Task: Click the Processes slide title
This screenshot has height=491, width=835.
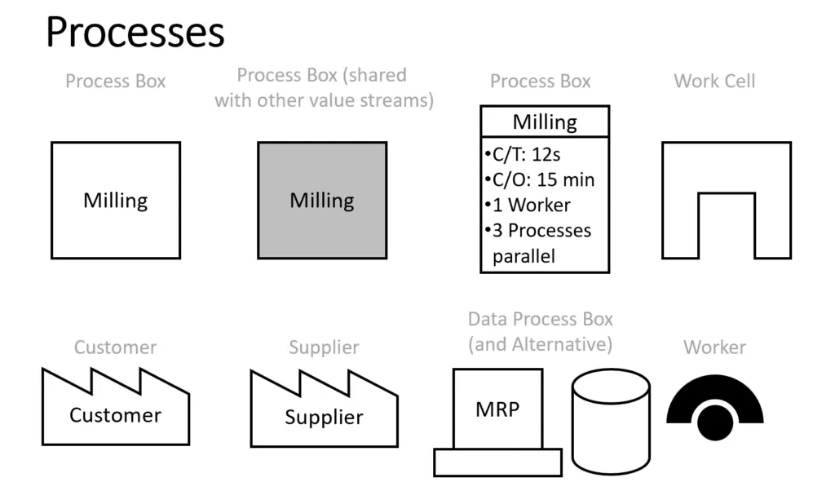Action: pos(135,33)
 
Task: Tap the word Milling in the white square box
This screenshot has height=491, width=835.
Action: pos(116,201)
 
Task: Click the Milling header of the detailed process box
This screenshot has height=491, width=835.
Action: pos(545,122)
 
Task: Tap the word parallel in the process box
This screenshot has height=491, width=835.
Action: pos(524,256)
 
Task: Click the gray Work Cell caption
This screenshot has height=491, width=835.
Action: pos(714,82)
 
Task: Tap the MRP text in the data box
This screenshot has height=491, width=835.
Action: pos(497,409)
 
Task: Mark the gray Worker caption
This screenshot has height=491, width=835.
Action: pos(714,347)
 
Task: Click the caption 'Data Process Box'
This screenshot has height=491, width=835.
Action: pos(540,319)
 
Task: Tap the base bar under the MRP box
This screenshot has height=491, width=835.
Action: pos(497,462)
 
